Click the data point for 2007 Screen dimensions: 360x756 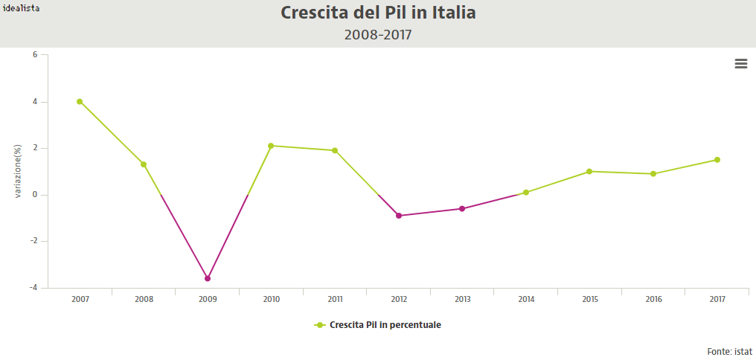pyautogui.click(x=80, y=102)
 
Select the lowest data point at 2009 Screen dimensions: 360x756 pyautogui.click(x=208, y=278)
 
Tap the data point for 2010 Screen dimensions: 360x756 pyautogui.click(x=271, y=146)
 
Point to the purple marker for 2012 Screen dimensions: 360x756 pyautogui.click(x=399, y=216)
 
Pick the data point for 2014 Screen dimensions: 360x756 pyautogui.click(x=526, y=193)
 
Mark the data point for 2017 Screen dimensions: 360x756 pyautogui.click(x=717, y=160)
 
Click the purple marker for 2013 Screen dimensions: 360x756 pyautogui.click(x=462, y=209)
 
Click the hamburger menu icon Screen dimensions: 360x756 pyautogui.click(x=741, y=64)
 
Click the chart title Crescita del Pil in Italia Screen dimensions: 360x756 pyautogui.click(x=378, y=13)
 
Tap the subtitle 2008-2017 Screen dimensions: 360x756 pyautogui.click(x=378, y=34)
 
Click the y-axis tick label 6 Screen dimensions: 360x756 pyautogui.click(x=35, y=55)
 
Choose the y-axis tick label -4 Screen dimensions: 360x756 pyautogui.click(x=33, y=288)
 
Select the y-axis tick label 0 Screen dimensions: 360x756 pyautogui.click(x=35, y=195)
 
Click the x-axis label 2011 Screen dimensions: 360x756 pyautogui.click(x=335, y=299)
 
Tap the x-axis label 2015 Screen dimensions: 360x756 pyautogui.click(x=590, y=299)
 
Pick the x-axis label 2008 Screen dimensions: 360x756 pyautogui.click(x=144, y=299)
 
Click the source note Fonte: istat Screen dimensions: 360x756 pyautogui.click(x=730, y=351)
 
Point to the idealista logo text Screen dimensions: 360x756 pyautogui.click(x=21, y=7)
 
